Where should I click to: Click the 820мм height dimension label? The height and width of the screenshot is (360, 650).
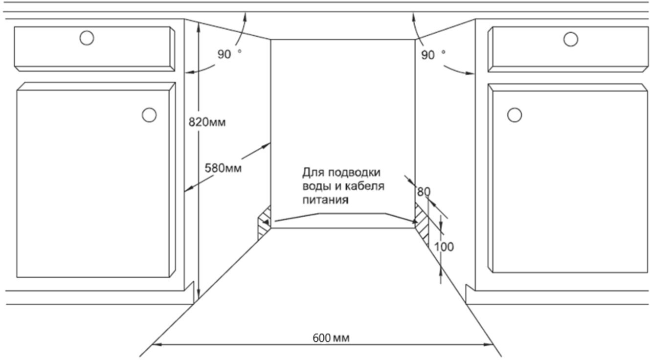[x=207, y=122]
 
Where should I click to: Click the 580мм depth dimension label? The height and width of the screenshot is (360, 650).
[x=223, y=168]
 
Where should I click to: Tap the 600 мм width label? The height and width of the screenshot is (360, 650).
[x=331, y=338]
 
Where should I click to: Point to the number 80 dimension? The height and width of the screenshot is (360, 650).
[x=423, y=192]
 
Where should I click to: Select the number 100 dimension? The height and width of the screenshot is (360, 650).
[x=444, y=247]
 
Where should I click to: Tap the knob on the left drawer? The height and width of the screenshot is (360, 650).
[x=87, y=38]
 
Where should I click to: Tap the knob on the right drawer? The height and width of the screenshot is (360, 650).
[x=570, y=39]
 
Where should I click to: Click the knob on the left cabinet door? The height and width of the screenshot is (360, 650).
[x=149, y=115]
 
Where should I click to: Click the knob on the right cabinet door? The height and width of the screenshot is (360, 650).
[x=514, y=115]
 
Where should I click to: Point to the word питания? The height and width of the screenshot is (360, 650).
[x=325, y=200]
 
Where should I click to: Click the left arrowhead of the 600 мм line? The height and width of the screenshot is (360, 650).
[x=156, y=344]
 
